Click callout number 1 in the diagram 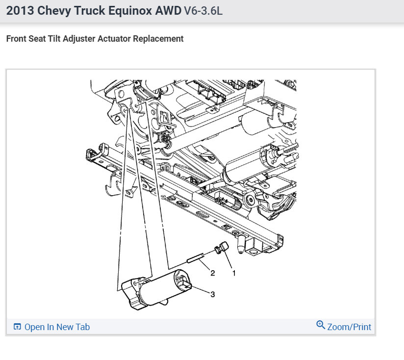pos(234,273)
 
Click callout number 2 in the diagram pos(213,273)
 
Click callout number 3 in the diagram pos(213,294)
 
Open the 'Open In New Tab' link pos(57,327)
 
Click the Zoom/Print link pos(349,327)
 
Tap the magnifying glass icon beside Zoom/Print pos(321,325)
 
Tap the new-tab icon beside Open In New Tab pos(17,327)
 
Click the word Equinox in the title pos(130,11)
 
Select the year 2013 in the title pos(20,11)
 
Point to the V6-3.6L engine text pos(203,11)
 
